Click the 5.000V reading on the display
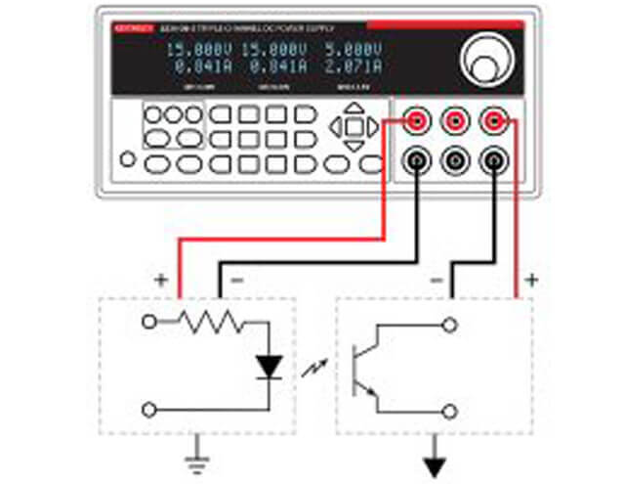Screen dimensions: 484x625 354,49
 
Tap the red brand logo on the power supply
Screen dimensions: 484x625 133,28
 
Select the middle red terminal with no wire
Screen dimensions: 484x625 455,121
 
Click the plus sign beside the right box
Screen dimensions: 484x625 532,281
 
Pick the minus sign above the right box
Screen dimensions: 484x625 437,281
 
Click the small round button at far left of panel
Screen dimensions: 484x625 127,159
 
